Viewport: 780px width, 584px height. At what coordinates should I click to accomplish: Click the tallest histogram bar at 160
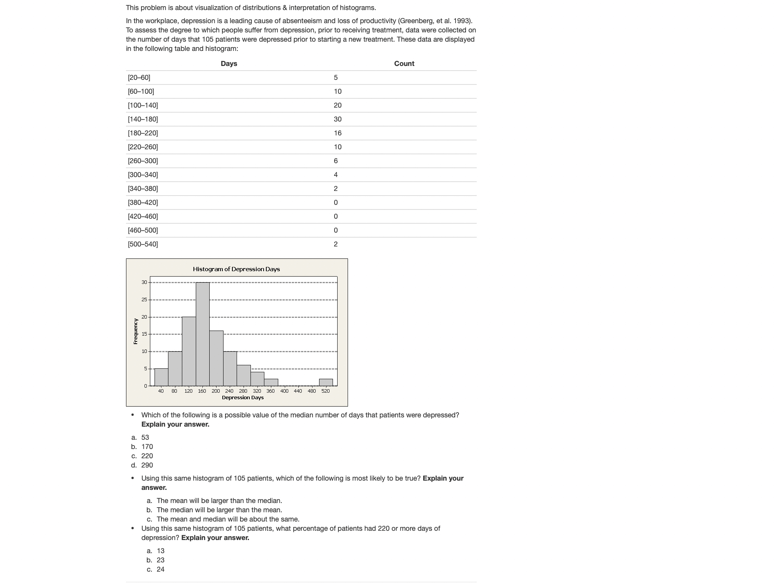[x=202, y=334]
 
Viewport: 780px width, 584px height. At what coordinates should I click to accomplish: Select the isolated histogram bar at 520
[x=326, y=382]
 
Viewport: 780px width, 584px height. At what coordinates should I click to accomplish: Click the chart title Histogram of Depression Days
[x=236, y=269]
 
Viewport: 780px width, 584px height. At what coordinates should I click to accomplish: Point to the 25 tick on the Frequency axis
[x=144, y=300]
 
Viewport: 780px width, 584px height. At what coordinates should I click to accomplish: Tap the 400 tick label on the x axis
[x=284, y=391]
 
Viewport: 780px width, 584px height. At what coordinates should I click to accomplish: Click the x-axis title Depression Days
[x=242, y=398]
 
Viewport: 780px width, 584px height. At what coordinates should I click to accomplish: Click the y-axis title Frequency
[x=136, y=331]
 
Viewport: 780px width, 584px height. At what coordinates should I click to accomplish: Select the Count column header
[x=404, y=64]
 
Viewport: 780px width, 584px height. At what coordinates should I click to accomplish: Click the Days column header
[x=229, y=64]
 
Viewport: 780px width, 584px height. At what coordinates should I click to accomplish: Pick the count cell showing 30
[x=338, y=119]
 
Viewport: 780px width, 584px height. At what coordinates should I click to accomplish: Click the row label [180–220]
[x=143, y=133]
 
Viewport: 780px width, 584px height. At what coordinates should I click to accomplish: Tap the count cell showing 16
[x=338, y=133]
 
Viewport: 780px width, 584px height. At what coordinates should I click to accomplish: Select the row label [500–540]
[x=143, y=244]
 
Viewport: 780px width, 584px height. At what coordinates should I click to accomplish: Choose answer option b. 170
[x=147, y=447]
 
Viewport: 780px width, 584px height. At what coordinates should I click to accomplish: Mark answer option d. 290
[x=147, y=465]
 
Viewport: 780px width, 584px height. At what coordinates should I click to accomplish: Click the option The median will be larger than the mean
[x=219, y=510]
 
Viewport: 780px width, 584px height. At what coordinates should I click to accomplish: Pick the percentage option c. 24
[x=160, y=569]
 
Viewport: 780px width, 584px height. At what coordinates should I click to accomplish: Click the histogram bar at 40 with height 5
[x=161, y=377]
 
